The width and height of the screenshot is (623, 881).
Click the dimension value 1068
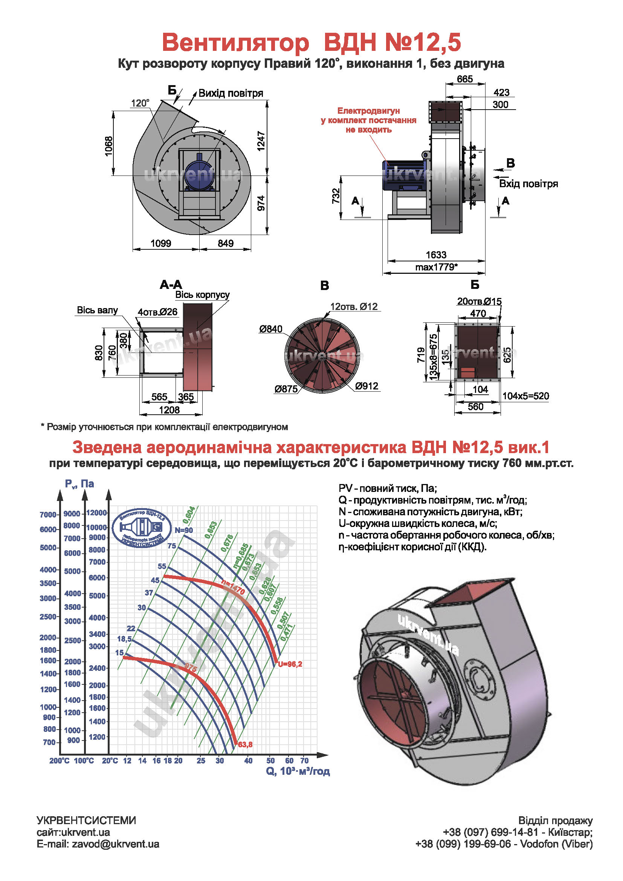109,146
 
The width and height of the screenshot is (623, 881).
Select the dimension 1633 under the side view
436,255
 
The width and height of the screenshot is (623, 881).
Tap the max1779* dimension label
436,267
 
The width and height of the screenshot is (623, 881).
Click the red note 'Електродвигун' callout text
368,111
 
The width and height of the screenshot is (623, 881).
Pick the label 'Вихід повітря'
231,93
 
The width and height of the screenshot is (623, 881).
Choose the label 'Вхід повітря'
528,184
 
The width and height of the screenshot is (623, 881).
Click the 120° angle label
140,103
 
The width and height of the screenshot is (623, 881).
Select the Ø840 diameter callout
270,329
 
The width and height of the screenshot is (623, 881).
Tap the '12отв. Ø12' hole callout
354,307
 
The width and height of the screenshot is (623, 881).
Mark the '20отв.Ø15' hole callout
479,302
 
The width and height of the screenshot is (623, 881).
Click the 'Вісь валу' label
97,310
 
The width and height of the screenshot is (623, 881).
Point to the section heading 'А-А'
171,285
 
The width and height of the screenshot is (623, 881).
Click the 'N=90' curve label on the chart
184,530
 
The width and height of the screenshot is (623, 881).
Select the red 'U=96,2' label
290,664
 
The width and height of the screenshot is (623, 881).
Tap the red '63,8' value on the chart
245,744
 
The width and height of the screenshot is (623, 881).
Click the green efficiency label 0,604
189,515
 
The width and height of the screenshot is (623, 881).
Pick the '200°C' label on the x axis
60,760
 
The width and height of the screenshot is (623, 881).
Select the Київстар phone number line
518,832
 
